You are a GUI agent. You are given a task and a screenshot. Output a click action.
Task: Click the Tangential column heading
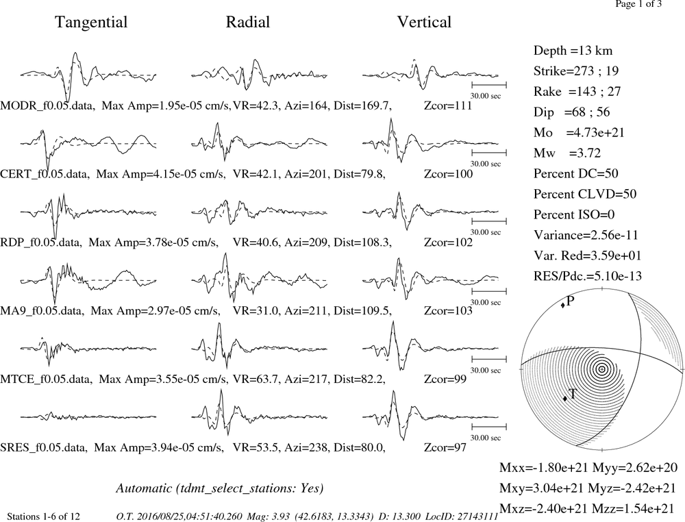pyautogui.click(x=91, y=23)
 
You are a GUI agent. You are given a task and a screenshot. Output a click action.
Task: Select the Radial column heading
pyautogui.click(x=248, y=22)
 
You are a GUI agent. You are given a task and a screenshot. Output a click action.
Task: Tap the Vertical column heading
pyautogui.click(x=424, y=22)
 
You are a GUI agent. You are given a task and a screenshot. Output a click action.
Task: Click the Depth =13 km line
pyautogui.click(x=573, y=51)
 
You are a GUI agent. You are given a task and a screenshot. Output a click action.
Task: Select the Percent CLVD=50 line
pyautogui.click(x=585, y=194)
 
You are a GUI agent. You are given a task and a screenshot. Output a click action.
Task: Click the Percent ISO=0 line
pyautogui.click(x=574, y=214)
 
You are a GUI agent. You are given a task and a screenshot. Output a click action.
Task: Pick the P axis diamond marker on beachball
pyautogui.click(x=562, y=305)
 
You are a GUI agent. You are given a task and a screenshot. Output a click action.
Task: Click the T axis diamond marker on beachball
pyautogui.click(x=565, y=398)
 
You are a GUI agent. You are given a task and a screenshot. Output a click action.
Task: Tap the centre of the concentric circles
pyautogui.click(x=602, y=369)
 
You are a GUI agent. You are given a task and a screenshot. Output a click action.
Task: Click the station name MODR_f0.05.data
pyautogui.click(x=47, y=105)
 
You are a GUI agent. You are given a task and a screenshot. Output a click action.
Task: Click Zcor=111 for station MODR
pyautogui.click(x=448, y=105)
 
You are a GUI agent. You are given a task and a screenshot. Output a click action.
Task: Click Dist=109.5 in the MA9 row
pyautogui.click(x=362, y=310)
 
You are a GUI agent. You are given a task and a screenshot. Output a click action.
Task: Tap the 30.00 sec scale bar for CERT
pyautogui.click(x=489, y=153)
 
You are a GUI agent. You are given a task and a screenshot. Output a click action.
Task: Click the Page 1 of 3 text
pyautogui.click(x=638, y=4)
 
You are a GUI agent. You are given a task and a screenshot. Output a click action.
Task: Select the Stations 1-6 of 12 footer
pyautogui.click(x=44, y=517)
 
